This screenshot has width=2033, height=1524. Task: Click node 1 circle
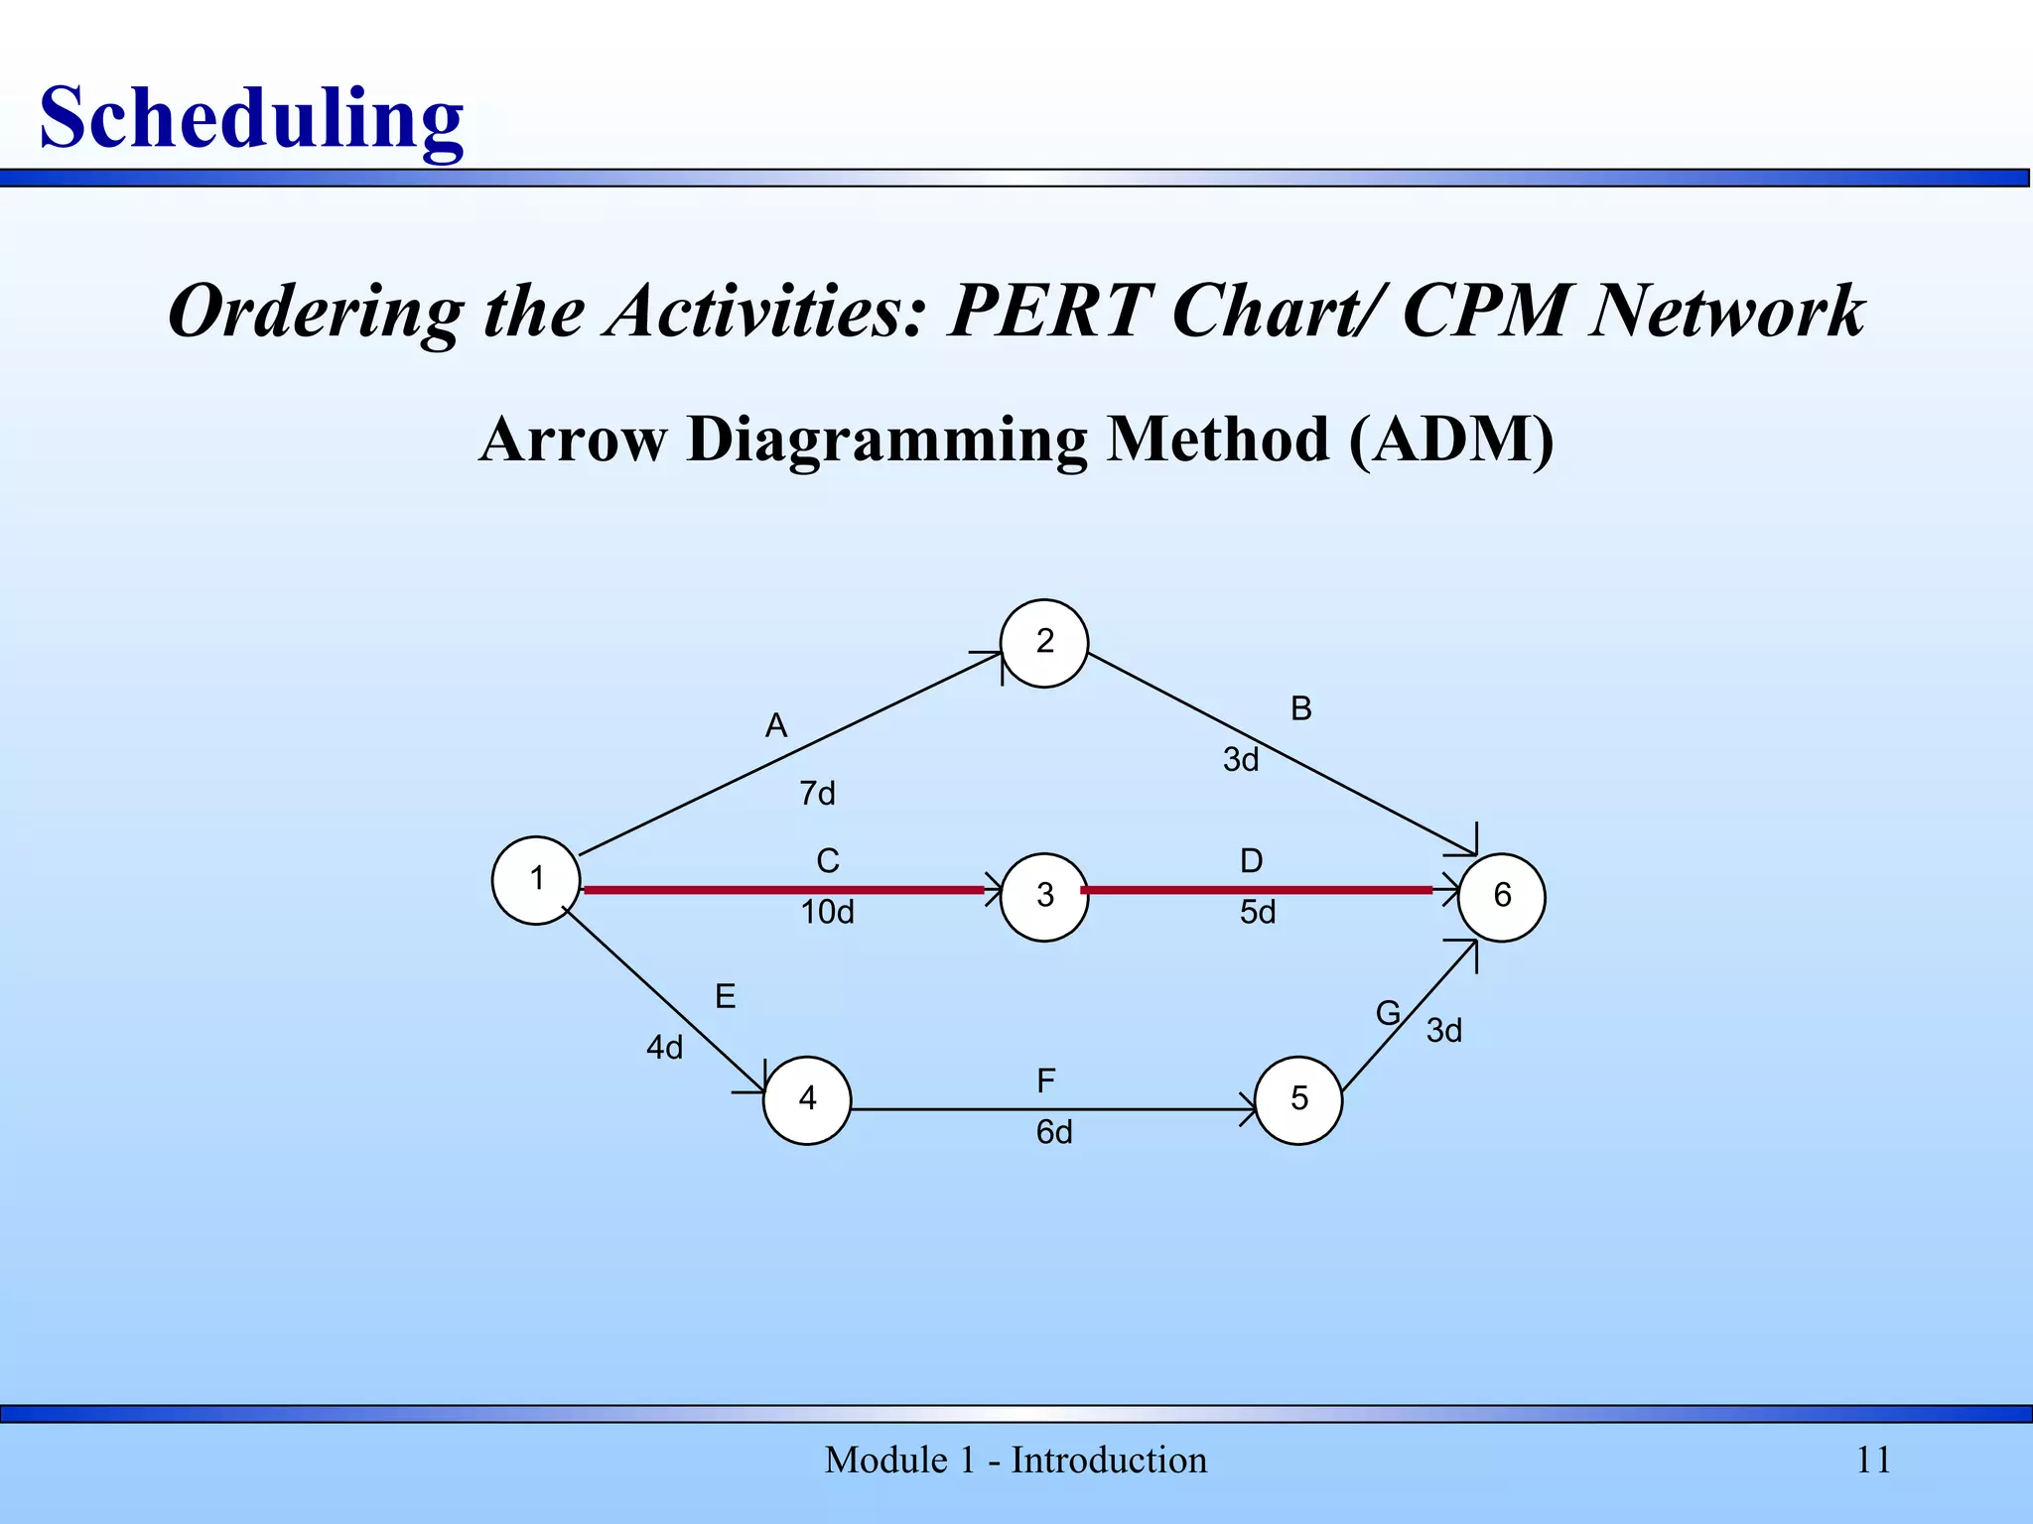pos(536,880)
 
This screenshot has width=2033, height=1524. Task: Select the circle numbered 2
pos(1044,643)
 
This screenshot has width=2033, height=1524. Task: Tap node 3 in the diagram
pos(1044,896)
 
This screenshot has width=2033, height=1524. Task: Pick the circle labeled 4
pos(807,1099)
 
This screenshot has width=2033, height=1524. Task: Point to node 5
pos(1298,1099)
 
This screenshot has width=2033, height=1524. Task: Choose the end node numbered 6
pos(1501,896)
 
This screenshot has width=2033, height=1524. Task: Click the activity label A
pos(776,726)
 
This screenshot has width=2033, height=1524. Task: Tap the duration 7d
pos(817,794)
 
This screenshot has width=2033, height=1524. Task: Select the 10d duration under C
pos(827,913)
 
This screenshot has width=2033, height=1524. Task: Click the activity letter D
pos(1252,861)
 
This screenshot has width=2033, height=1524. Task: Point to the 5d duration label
pos(1258,913)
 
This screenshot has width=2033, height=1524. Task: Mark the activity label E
pos(726,996)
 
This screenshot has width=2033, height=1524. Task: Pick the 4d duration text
pos(665,1048)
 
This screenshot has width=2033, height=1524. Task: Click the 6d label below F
pos(1054,1133)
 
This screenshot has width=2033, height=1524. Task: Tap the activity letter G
pos(1388,1014)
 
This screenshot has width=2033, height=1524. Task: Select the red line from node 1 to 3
pos(784,890)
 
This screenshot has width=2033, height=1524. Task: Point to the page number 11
pos(1873,1460)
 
